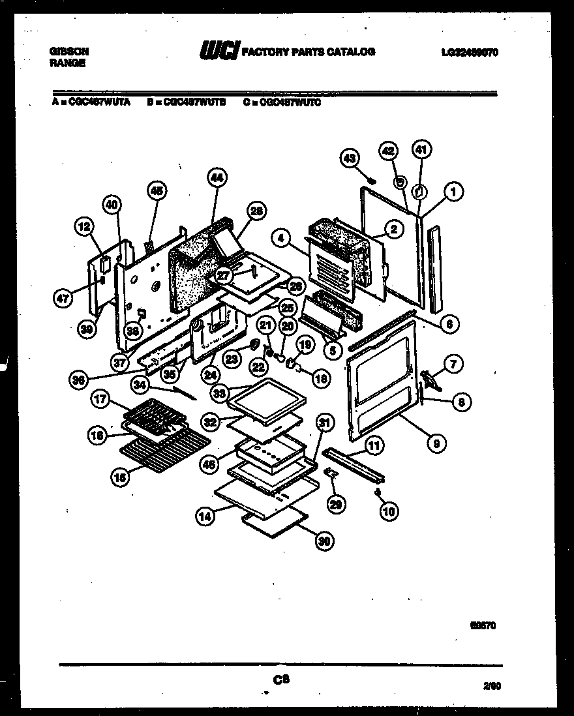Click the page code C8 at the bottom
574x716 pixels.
pyautogui.click(x=281, y=679)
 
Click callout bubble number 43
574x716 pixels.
pyautogui.click(x=350, y=157)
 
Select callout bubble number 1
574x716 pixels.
pyautogui.click(x=450, y=192)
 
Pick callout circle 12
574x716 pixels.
pyautogui.click(x=83, y=227)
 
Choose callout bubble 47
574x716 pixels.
pyautogui.click(x=63, y=298)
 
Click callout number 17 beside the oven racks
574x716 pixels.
pyautogui.click(x=100, y=400)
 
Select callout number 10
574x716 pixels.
pyautogui.click(x=388, y=512)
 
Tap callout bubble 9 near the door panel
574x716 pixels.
pyautogui.click(x=436, y=443)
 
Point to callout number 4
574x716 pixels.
pyautogui.click(x=281, y=239)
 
